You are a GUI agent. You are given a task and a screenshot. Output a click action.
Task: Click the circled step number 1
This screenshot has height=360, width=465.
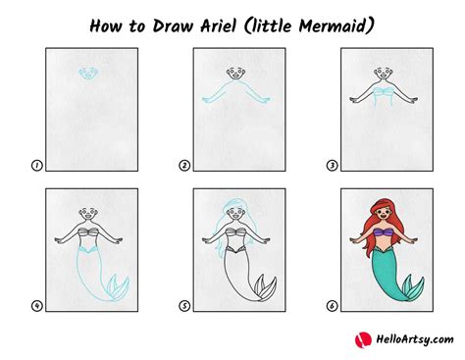(x=36, y=167)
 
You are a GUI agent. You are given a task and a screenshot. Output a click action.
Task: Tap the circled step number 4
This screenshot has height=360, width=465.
(x=36, y=306)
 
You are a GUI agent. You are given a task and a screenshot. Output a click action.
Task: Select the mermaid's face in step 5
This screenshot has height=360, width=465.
(x=232, y=213)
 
